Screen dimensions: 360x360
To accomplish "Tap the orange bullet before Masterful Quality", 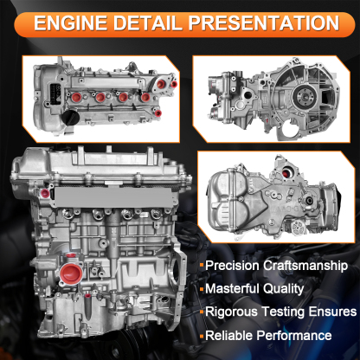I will coord(202,286).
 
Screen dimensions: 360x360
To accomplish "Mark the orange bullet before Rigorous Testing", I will coord(202,311).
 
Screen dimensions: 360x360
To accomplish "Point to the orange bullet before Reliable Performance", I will coord(202,335).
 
